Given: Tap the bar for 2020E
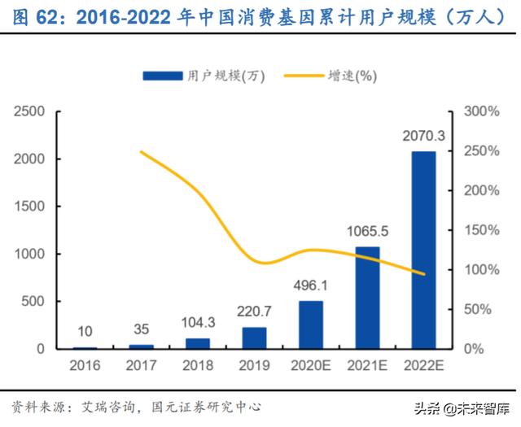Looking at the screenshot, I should coord(310,325).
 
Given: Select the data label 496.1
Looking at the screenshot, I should coord(310,285).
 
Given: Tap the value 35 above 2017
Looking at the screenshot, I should coord(142,330).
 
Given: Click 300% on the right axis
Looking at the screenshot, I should coord(480,111).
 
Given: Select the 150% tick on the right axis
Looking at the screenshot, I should coord(480,230).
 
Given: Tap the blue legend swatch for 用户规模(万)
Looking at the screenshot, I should coord(162,76).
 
